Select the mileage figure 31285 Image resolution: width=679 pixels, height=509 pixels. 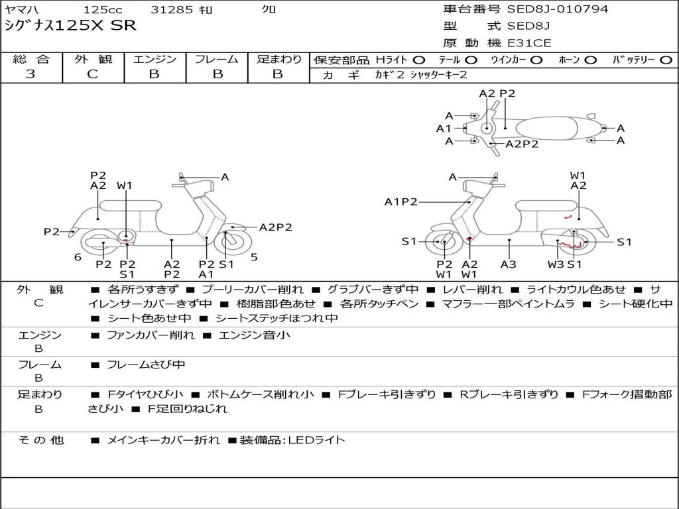coord(172,10)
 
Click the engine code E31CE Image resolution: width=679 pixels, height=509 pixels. coord(529,43)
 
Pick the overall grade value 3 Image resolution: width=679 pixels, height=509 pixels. coord(31,74)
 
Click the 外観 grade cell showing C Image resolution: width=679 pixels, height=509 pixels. coord(92,74)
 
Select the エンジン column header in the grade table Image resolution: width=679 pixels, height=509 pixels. coord(154,59)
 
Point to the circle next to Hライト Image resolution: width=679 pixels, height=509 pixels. coord(419,60)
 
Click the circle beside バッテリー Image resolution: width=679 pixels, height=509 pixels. coord(666,60)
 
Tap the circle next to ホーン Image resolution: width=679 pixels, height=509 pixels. coord(590,60)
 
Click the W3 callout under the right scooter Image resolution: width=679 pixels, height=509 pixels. coord(555,264)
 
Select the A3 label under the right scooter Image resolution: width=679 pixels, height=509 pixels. coord(509,264)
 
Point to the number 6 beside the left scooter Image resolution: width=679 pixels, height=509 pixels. coord(78,256)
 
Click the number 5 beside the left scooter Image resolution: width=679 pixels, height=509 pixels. coord(254,256)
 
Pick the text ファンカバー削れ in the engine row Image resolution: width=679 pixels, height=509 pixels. coord(151,335)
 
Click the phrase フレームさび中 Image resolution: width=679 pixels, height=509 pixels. coord(146,365)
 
